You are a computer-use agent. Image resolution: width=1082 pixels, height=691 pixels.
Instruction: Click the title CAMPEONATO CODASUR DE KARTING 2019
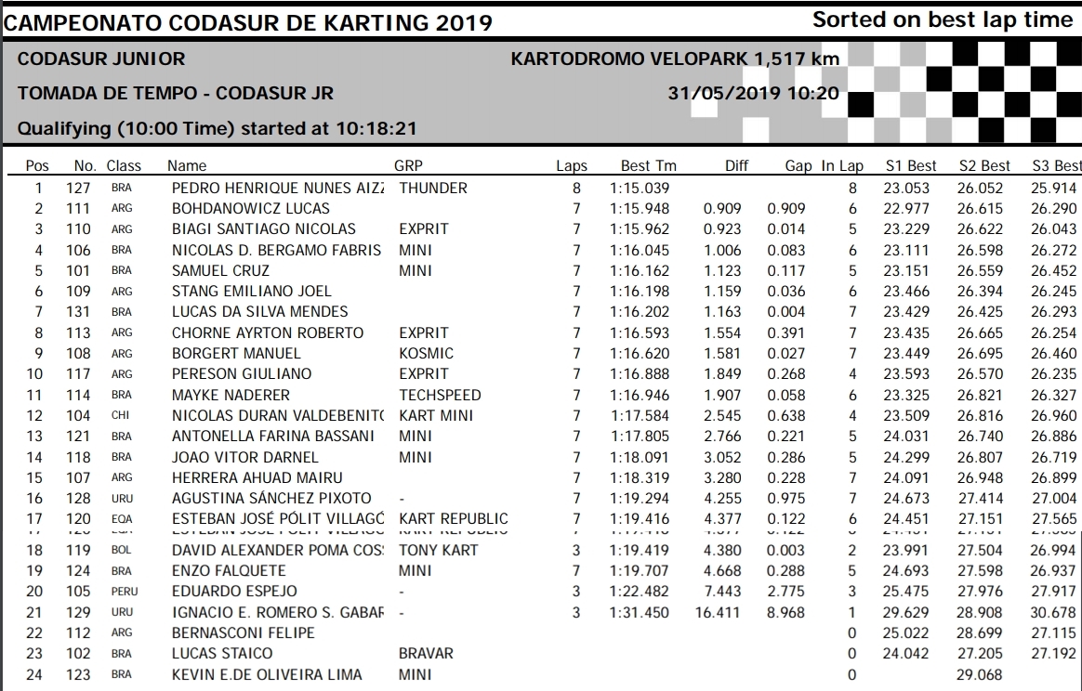(x=249, y=22)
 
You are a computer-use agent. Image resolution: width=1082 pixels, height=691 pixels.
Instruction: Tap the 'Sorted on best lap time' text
(x=943, y=20)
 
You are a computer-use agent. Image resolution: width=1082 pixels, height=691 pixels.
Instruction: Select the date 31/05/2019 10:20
(x=753, y=93)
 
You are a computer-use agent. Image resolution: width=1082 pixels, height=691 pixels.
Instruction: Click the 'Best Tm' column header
(x=649, y=166)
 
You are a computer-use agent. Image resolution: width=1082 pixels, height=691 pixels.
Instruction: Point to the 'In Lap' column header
(x=842, y=166)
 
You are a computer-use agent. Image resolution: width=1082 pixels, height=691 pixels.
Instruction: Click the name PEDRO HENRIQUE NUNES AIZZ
(x=278, y=188)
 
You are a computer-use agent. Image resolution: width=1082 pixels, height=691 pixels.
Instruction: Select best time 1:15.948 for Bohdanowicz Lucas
(x=640, y=208)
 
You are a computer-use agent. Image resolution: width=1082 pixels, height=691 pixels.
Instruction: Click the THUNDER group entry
(x=433, y=188)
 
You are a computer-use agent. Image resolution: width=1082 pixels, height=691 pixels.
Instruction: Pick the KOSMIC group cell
(x=426, y=353)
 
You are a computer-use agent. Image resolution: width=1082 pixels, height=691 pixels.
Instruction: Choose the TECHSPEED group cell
(x=440, y=395)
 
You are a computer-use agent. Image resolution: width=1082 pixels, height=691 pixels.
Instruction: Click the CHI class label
(x=120, y=415)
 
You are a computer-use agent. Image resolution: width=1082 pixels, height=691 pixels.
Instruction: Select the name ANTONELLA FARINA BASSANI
(x=274, y=436)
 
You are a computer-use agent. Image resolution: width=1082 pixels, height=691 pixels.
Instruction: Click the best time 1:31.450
(x=640, y=612)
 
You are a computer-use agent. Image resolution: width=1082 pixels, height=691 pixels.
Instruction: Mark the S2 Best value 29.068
(x=983, y=674)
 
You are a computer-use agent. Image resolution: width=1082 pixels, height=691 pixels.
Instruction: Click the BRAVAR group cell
(x=426, y=653)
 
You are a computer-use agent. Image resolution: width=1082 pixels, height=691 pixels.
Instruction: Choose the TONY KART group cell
(x=439, y=550)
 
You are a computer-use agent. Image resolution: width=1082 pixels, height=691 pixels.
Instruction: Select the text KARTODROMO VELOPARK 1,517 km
(x=675, y=59)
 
